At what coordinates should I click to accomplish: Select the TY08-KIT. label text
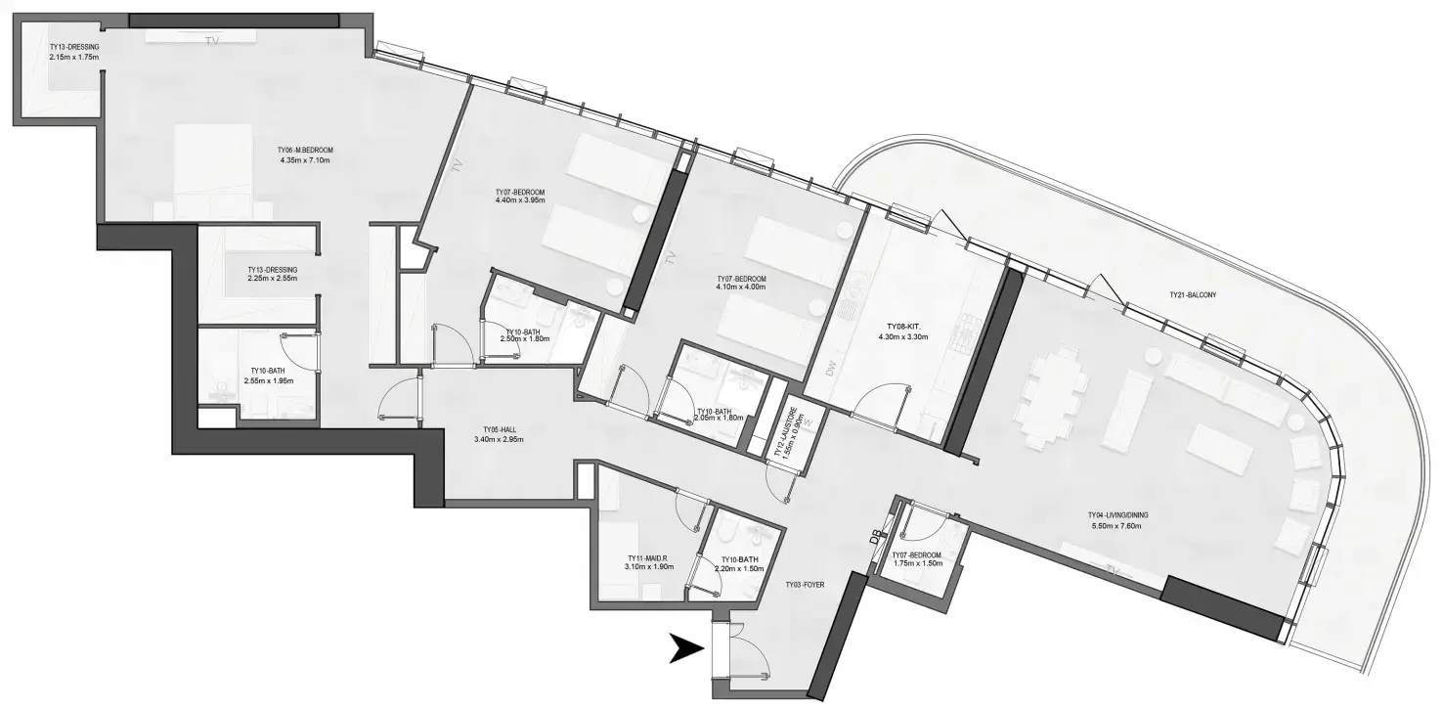[900, 327]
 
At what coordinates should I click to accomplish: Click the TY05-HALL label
[498, 429]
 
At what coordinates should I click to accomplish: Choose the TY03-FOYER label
[805, 585]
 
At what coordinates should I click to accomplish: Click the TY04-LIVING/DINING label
[1115, 515]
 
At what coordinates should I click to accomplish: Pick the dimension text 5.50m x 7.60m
[1115, 526]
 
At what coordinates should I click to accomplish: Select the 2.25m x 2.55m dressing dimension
[272, 279]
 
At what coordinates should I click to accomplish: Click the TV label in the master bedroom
[212, 41]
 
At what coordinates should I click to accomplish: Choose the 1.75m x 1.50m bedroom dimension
[918, 564]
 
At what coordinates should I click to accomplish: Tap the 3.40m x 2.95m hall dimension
[498, 440]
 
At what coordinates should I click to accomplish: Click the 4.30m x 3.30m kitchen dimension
[900, 337]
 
